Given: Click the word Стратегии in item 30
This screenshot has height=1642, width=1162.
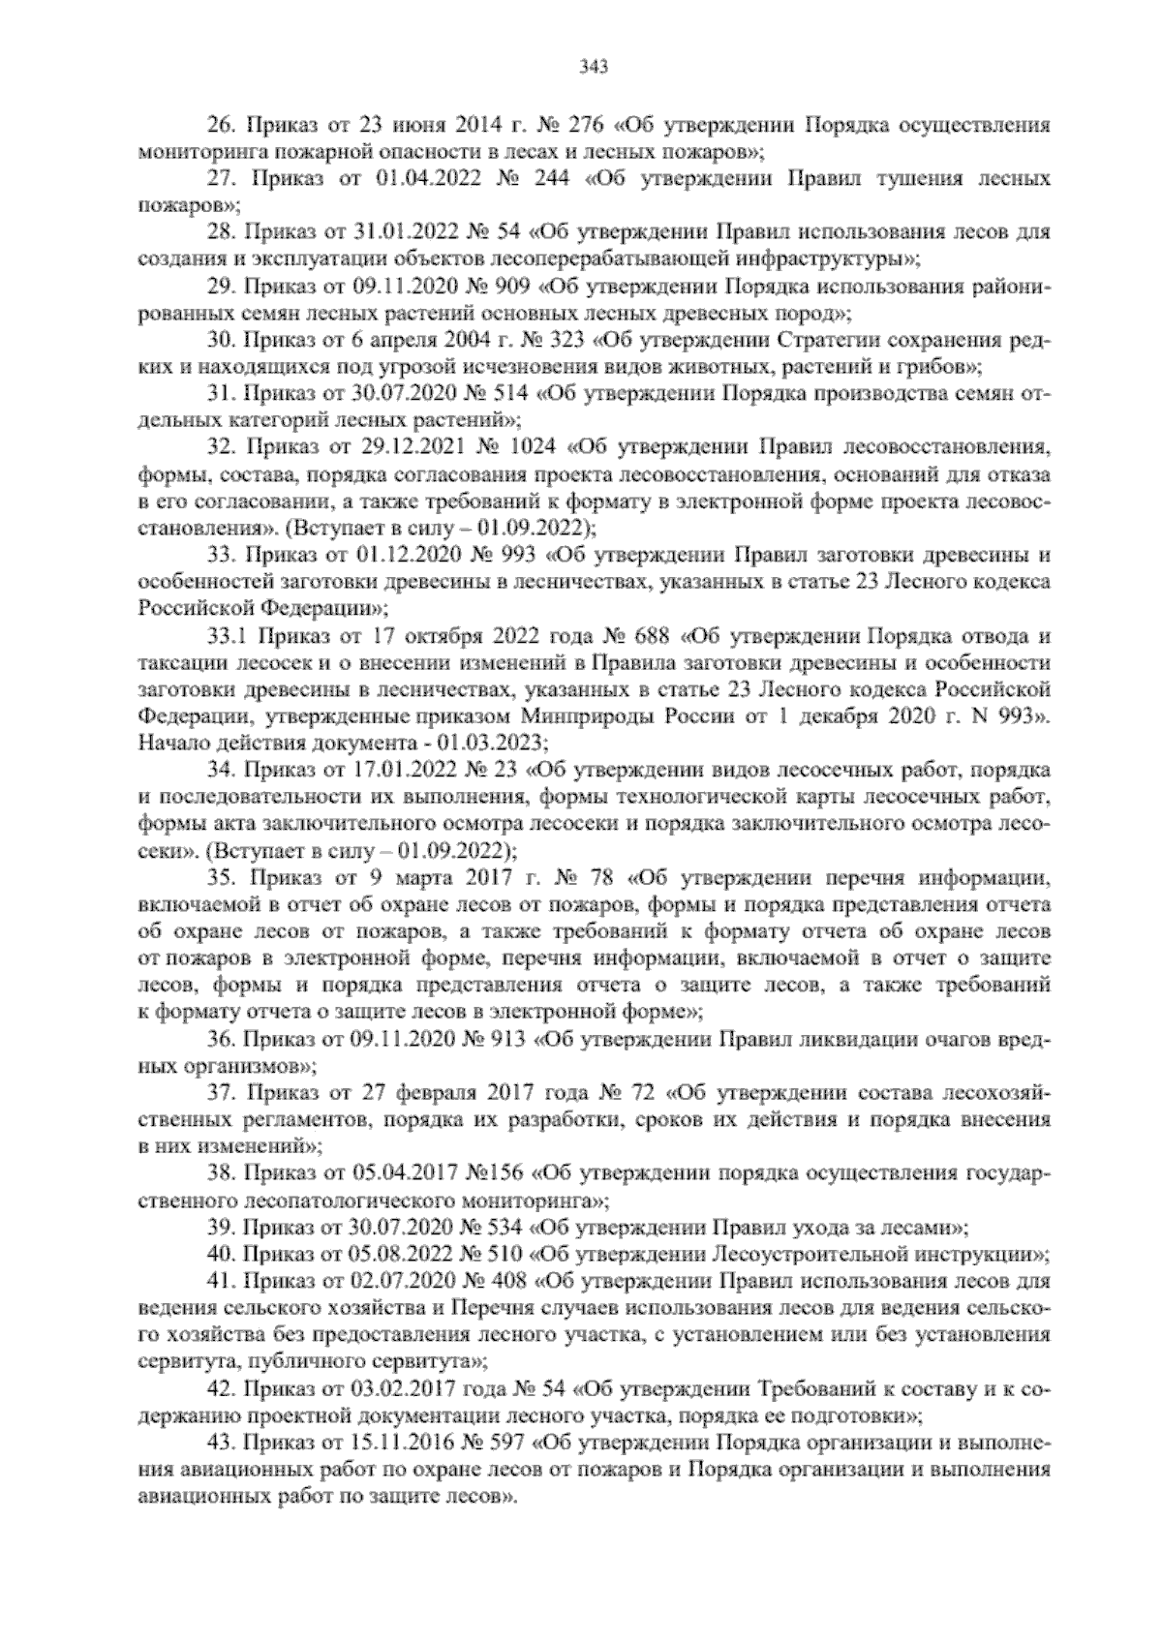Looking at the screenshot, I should [850, 341].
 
